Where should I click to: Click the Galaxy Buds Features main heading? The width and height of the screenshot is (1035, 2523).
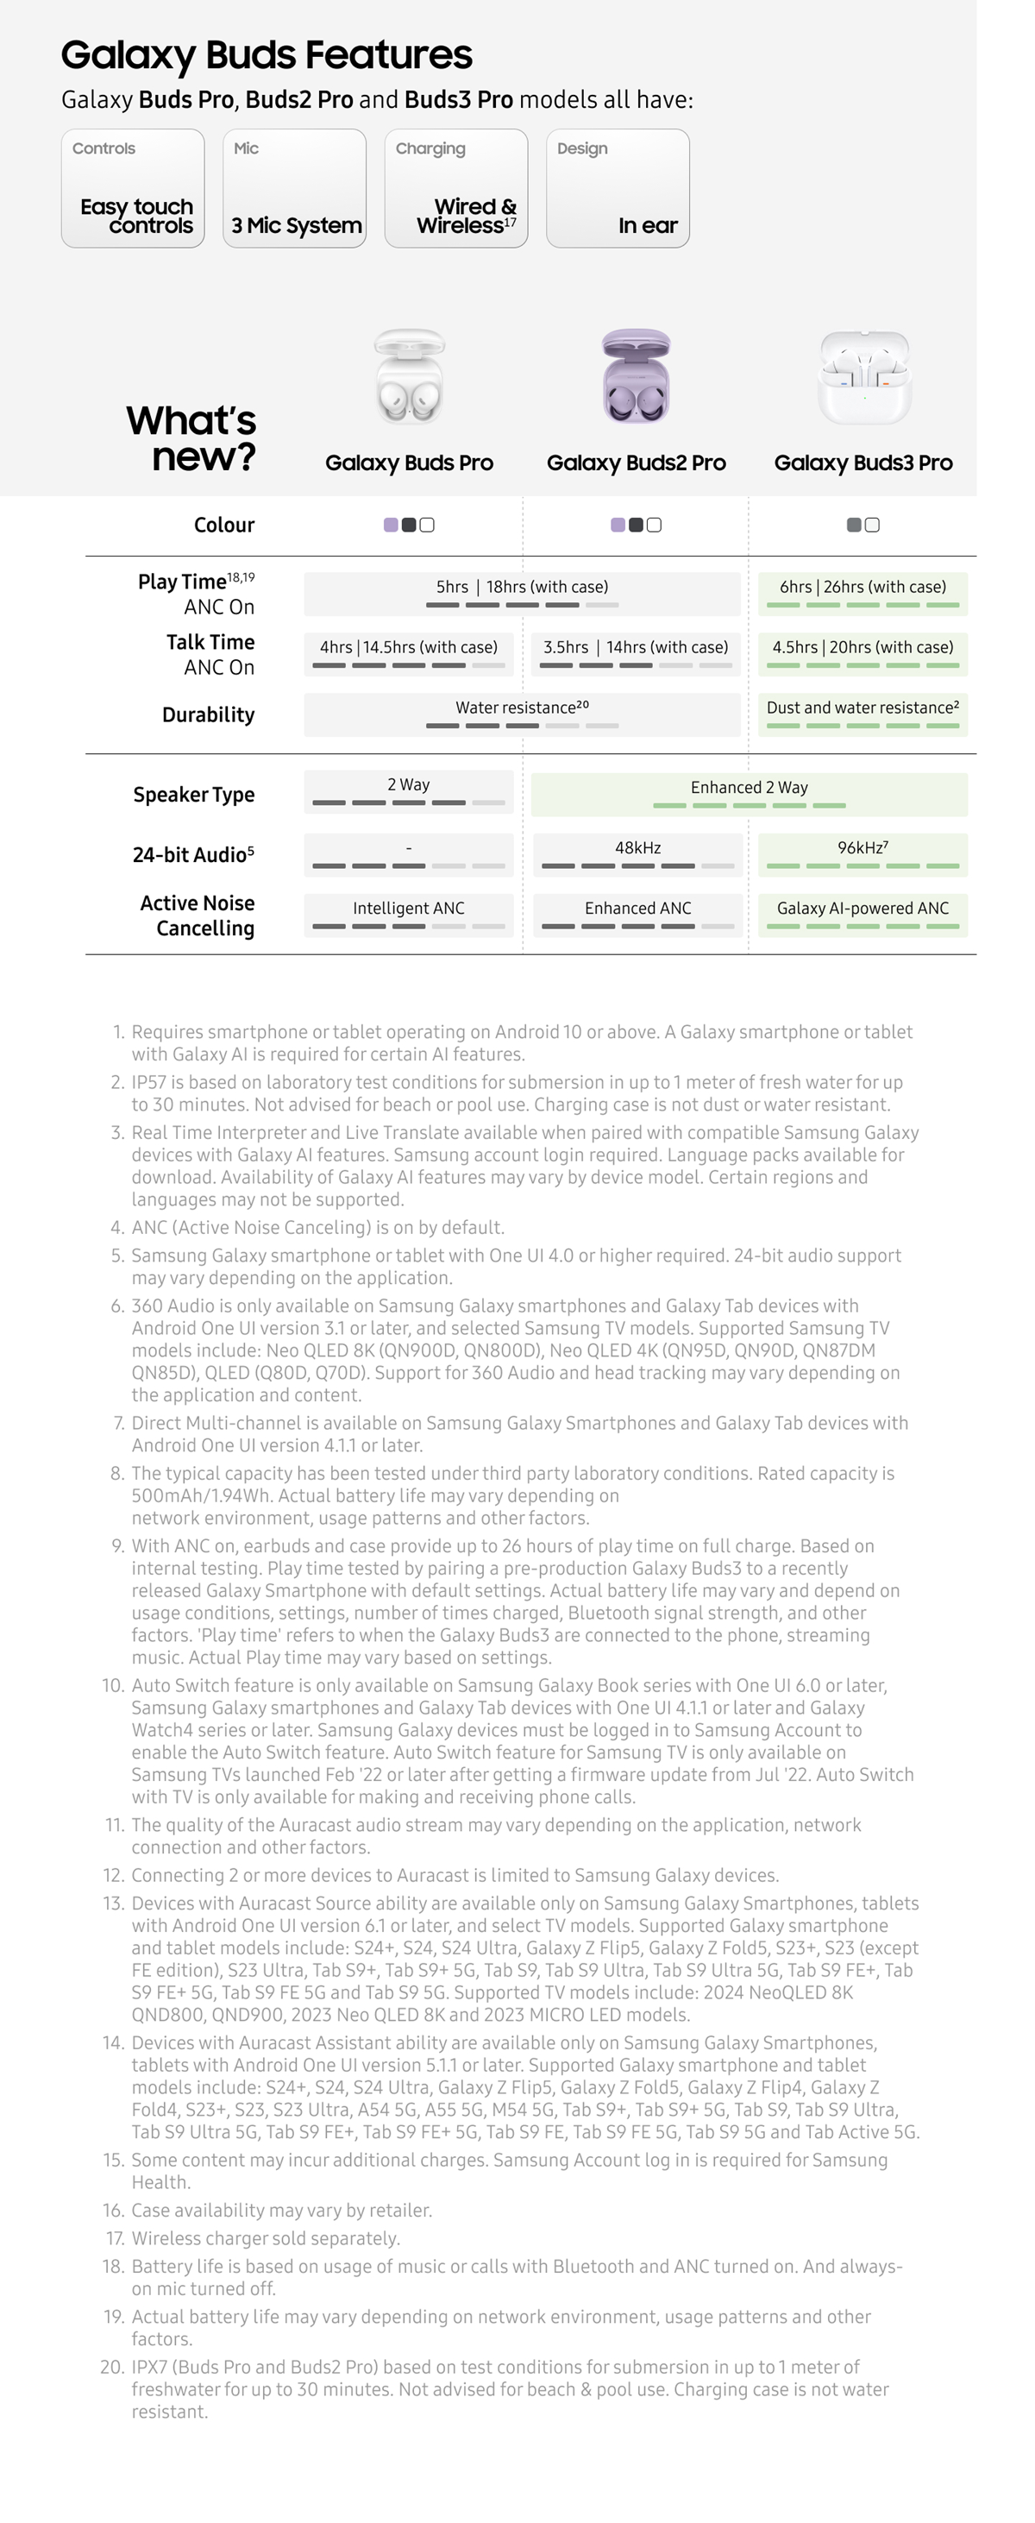tap(267, 55)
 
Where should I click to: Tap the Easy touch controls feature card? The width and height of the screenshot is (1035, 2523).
tap(133, 189)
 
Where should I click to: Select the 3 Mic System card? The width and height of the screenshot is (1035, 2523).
tap(295, 189)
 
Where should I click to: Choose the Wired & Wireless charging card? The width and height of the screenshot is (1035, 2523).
tap(456, 189)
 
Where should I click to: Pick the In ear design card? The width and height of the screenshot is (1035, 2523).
tap(618, 189)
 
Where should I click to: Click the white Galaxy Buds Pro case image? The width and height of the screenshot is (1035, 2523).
tap(410, 377)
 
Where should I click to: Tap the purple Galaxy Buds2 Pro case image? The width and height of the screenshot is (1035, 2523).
tap(637, 377)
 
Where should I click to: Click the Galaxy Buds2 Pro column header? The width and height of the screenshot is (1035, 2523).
tap(637, 463)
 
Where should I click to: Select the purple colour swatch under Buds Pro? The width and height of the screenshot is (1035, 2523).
tap(391, 525)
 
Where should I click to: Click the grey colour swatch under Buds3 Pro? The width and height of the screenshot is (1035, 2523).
tap(854, 525)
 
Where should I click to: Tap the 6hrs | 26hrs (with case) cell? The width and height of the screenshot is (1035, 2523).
tap(862, 594)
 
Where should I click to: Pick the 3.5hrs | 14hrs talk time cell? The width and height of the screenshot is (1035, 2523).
tap(637, 653)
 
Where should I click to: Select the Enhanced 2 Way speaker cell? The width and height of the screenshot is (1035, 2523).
tap(749, 795)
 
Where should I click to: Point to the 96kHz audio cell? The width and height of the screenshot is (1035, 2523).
tap(862, 854)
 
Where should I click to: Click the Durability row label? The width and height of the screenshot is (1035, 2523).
tap(208, 715)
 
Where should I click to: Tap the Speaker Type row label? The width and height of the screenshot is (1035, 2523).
tap(193, 795)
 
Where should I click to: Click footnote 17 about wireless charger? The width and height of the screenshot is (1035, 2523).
tap(265, 2238)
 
